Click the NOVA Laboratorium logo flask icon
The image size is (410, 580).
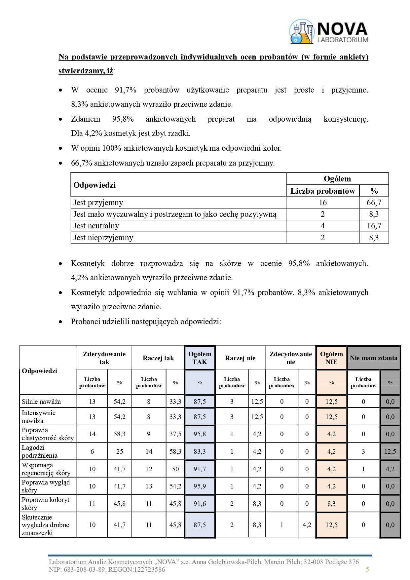(x=302, y=32)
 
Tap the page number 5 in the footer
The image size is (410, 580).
(x=367, y=569)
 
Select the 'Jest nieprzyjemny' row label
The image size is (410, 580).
(x=103, y=238)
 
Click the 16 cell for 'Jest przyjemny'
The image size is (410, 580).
(x=322, y=203)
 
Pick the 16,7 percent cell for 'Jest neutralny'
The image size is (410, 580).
(x=374, y=226)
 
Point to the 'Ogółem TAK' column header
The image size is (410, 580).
(x=200, y=358)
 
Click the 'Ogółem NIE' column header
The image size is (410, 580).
(x=331, y=358)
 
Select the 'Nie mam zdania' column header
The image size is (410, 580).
(x=373, y=358)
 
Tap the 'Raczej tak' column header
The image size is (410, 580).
(x=158, y=358)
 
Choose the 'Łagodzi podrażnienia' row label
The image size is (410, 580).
(x=40, y=451)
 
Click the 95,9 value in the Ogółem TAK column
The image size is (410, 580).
(x=200, y=486)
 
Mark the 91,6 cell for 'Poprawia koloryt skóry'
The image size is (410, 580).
(x=200, y=504)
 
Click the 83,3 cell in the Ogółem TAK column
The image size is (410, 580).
(x=200, y=451)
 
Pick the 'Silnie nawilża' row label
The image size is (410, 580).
(x=41, y=402)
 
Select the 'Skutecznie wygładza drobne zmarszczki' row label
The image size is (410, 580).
(x=45, y=525)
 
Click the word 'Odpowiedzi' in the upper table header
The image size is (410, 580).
(x=94, y=185)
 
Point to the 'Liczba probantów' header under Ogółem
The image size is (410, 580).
(x=322, y=191)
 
